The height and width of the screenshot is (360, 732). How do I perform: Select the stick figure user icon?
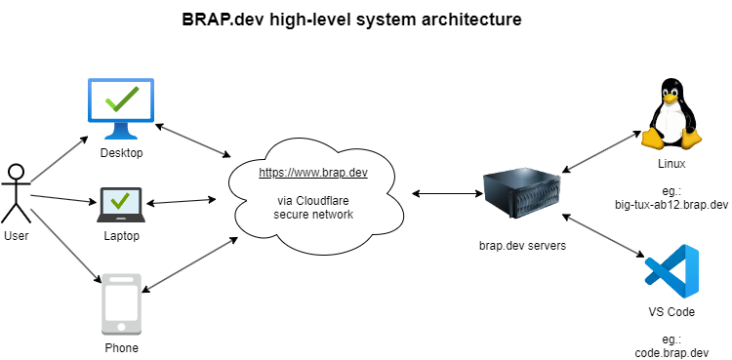16,191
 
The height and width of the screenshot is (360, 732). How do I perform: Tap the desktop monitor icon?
121,108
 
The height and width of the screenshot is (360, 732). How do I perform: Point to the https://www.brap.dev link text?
312,173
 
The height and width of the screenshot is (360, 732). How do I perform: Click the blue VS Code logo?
671,271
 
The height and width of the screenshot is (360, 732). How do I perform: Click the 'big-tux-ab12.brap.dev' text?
671,204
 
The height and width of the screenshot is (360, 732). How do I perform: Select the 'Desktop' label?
121,153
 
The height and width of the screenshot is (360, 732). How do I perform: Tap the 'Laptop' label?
121,236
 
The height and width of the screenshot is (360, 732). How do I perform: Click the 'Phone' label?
121,347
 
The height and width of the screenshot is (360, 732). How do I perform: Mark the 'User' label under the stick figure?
16,236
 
